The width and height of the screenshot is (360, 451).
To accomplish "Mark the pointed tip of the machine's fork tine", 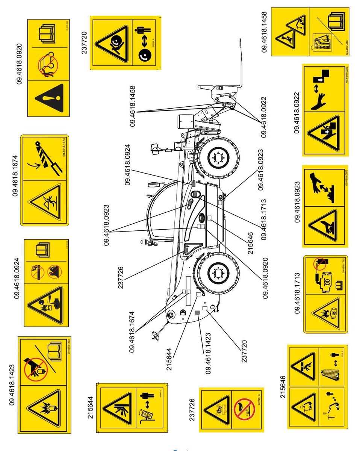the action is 240,39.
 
